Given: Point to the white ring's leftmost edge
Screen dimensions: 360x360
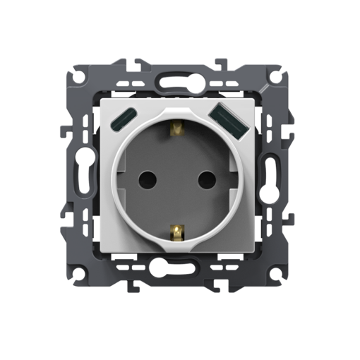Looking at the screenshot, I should tap(112, 181).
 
